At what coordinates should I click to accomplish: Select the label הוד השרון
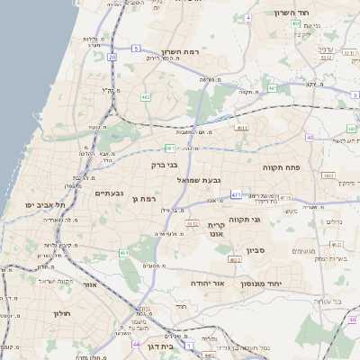pyautogui.click(x=294, y=13)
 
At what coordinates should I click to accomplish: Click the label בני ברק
pyautogui.click(x=164, y=165)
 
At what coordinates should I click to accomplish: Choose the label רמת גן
pyautogui.click(x=144, y=199)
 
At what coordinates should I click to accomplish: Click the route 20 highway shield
pyautogui.click(x=112, y=57)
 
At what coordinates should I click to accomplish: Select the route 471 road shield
pyautogui.click(x=236, y=194)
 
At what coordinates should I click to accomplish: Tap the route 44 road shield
pyautogui.click(x=136, y=344)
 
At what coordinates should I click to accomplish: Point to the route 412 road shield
pyautogui.click(x=192, y=222)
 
